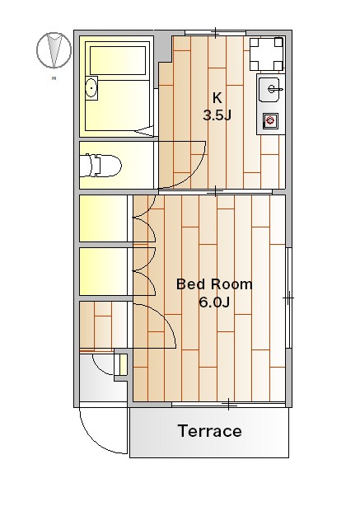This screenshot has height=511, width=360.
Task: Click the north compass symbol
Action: point(54,50)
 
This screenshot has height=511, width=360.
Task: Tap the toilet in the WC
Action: point(101,166)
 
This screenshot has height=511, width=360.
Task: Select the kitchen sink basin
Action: point(269,90)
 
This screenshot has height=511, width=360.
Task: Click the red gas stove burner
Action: point(270,121)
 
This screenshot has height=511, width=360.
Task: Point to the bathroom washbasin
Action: point(91,88)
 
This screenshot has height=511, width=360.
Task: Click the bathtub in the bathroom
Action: point(118,61)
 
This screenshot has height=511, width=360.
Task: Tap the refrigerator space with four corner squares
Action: point(266,54)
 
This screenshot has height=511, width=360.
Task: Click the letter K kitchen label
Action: point(217,97)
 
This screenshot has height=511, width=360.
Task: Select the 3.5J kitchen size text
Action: point(217,115)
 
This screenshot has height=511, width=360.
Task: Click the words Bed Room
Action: point(214,284)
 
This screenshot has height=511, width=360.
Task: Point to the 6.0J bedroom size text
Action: point(214,302)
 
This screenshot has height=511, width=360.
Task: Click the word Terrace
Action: point(210,431)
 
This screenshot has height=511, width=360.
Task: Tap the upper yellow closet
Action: point(103,218)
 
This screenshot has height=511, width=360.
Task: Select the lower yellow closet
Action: point(103,271)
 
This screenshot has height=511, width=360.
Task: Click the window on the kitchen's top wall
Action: point(215,32)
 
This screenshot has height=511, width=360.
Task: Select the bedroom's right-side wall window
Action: point(288,298)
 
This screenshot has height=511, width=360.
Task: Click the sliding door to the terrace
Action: point(229,405)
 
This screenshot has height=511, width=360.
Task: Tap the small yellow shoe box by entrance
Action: point(123,364)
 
